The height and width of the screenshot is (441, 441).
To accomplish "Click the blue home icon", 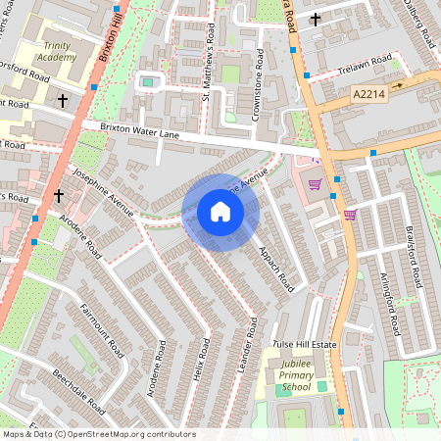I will pos(220,212).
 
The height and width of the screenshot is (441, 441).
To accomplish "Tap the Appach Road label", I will pos(275,268).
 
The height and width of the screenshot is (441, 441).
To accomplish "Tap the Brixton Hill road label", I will pos(109,39).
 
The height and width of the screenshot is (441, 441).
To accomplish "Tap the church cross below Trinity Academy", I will pos(63,100).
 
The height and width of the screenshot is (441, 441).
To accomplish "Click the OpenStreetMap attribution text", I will pos(98,434).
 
